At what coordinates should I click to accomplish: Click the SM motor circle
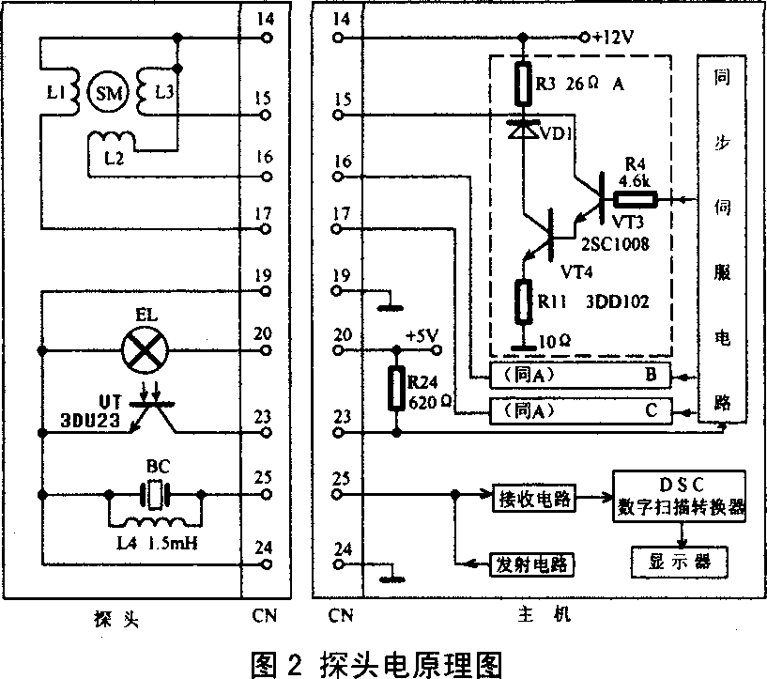pos(102,91)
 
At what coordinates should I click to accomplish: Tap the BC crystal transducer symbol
pos(152,494)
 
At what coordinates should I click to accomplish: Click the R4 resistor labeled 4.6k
pos(635,199)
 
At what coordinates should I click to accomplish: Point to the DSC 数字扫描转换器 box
pos(680,495)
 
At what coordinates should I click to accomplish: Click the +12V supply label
pos(614,38)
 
